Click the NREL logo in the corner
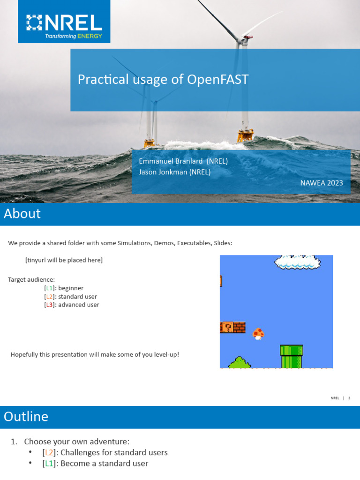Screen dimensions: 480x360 pyautogui.click(x=64, y=22)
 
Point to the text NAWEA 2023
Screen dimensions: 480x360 pyautogui.click(x=322, y=183)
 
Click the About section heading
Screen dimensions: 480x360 pyautogui.click(x=22, y=214)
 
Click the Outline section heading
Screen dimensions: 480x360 pyautogui.click(x=26, y=417)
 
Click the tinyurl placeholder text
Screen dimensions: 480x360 pyautogui.click(x=64, y=260)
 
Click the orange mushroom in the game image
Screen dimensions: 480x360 pyautogui.click(x=258, y=333)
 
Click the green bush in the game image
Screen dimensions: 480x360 pyautogui.click(x=239, y=362)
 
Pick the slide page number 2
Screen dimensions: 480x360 pyautogui.click(x=349, y=398)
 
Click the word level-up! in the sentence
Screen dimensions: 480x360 pyautogui.click(x=166, y=354)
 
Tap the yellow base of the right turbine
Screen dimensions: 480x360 pyautogui.click(x=245, y=136)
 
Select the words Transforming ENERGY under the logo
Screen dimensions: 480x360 pyautogui.click(x=74, y=36)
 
